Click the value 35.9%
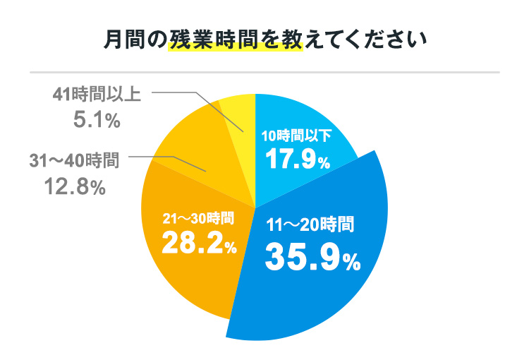(312, 259)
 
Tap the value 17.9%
(297, 160)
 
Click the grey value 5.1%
(97, 121)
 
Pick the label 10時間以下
(296, 136)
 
